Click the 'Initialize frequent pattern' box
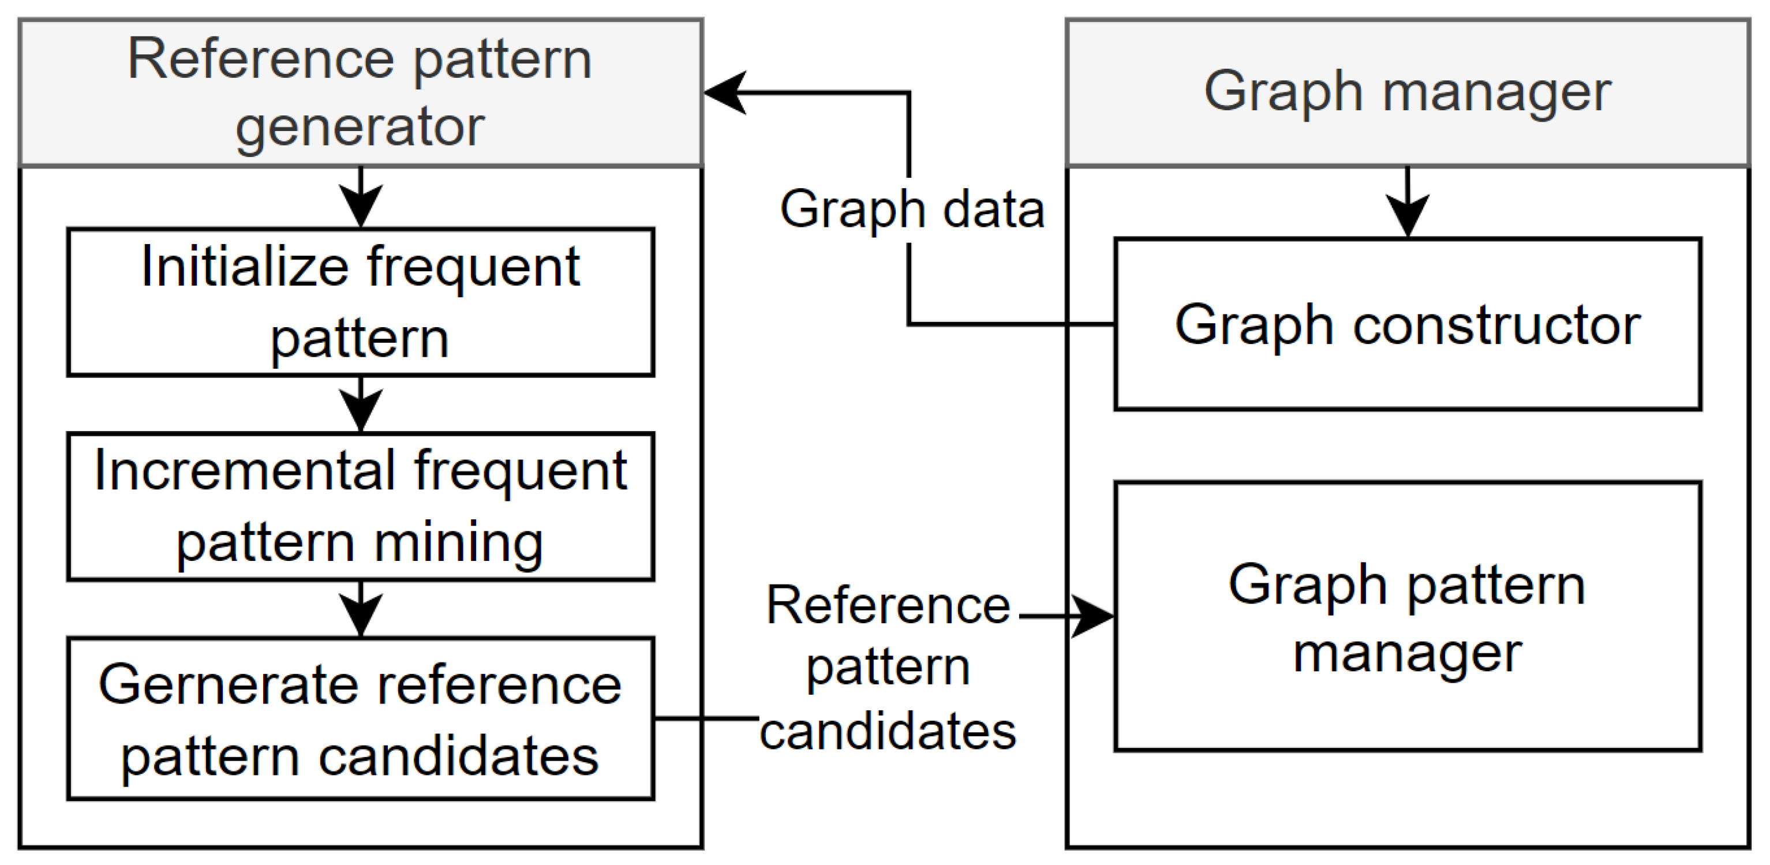pyautogui.click(x=360, y=302)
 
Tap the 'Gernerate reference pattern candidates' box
pyautogui.click(x=360, y=718)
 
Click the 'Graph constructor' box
pyautogui.click(x=1407, y=324)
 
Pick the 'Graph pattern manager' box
pyautogui.click(x=1407, y=617)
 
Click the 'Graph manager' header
pyautogui.click(x=1407, y=92)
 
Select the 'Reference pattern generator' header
pyautogui.click(x=360, y=92)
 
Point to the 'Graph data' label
pyautogui.click(x=912, y=209)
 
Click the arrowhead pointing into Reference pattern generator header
pyautogui.click(x=725, y=92)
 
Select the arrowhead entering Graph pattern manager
pyautogui.click(x=1092, y=616)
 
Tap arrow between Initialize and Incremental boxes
pyautogui.click(x=361, y=405)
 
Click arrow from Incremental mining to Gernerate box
pyautogui.click(x=361, y=610)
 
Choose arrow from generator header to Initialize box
pyautogui.click(x=361, y=199)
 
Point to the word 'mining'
pyautogui.click(x=458, y=543)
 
